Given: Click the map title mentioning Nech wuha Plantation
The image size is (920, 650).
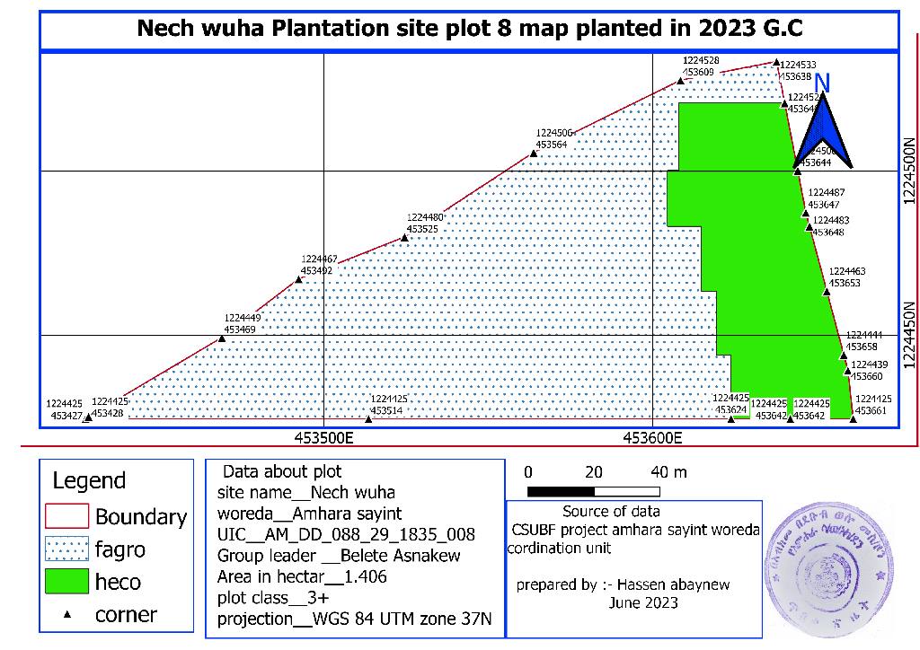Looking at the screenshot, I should tap(469, 29).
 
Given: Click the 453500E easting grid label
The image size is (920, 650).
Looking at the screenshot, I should tap(323, 438).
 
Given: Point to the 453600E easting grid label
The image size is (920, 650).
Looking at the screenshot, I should tap(652, 438).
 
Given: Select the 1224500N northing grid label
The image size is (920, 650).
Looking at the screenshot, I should tap(909, 171).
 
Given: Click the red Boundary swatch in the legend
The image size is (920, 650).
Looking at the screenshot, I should tap(66, 516).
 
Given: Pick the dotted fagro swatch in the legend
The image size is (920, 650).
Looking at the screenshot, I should tap(66, 549).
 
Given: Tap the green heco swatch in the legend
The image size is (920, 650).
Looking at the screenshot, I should tap(66, 581).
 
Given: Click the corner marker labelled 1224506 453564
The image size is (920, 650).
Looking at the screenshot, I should tap(534, 154).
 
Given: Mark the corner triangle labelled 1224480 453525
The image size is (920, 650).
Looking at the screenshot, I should tap(404, 239).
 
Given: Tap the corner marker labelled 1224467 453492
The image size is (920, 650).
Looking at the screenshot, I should tap(299, 279).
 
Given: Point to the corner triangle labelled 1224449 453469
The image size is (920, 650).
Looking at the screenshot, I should tap(222, 338).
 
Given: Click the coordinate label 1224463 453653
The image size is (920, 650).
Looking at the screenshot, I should tap(846, 277).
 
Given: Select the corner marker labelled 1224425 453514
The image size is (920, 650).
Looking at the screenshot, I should tap(368, 419).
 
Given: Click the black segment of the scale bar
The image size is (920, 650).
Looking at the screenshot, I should tap(561, 491).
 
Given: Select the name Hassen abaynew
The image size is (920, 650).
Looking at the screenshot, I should tap(678, 584).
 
